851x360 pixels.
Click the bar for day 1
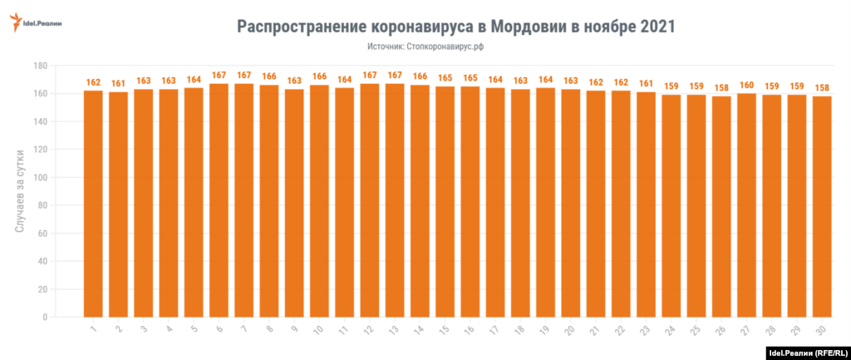pyautogui.click(x=93, y=204)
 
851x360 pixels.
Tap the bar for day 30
pyautogui.click(x=822, y=206)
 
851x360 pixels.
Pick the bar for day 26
pyautogui.click(x=721, y=206)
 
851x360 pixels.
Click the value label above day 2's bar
pyautogui.click(x=118, y=83)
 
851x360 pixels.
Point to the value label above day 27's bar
pyautogui.click(x=746, y=85)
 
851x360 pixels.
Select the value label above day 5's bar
pyautogui.click(x=194, y=81)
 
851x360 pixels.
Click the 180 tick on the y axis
pyautogui.click(x=38, y=66)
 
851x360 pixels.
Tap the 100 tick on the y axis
pyautogui.click(x=38, y=178)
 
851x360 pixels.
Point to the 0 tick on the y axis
pyautogui.click(x=43, y=318)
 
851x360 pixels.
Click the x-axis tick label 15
pyautogui.click(x=445, y=330)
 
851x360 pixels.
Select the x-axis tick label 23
pyautogui.click(x=646, y=330)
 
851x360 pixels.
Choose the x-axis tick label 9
pyautogui.click(x=295, y=329)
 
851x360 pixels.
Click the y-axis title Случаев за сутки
pyautogui.click(x=19, y=191)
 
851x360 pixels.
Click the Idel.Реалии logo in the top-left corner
pyautogui.click(x=40, y=23)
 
